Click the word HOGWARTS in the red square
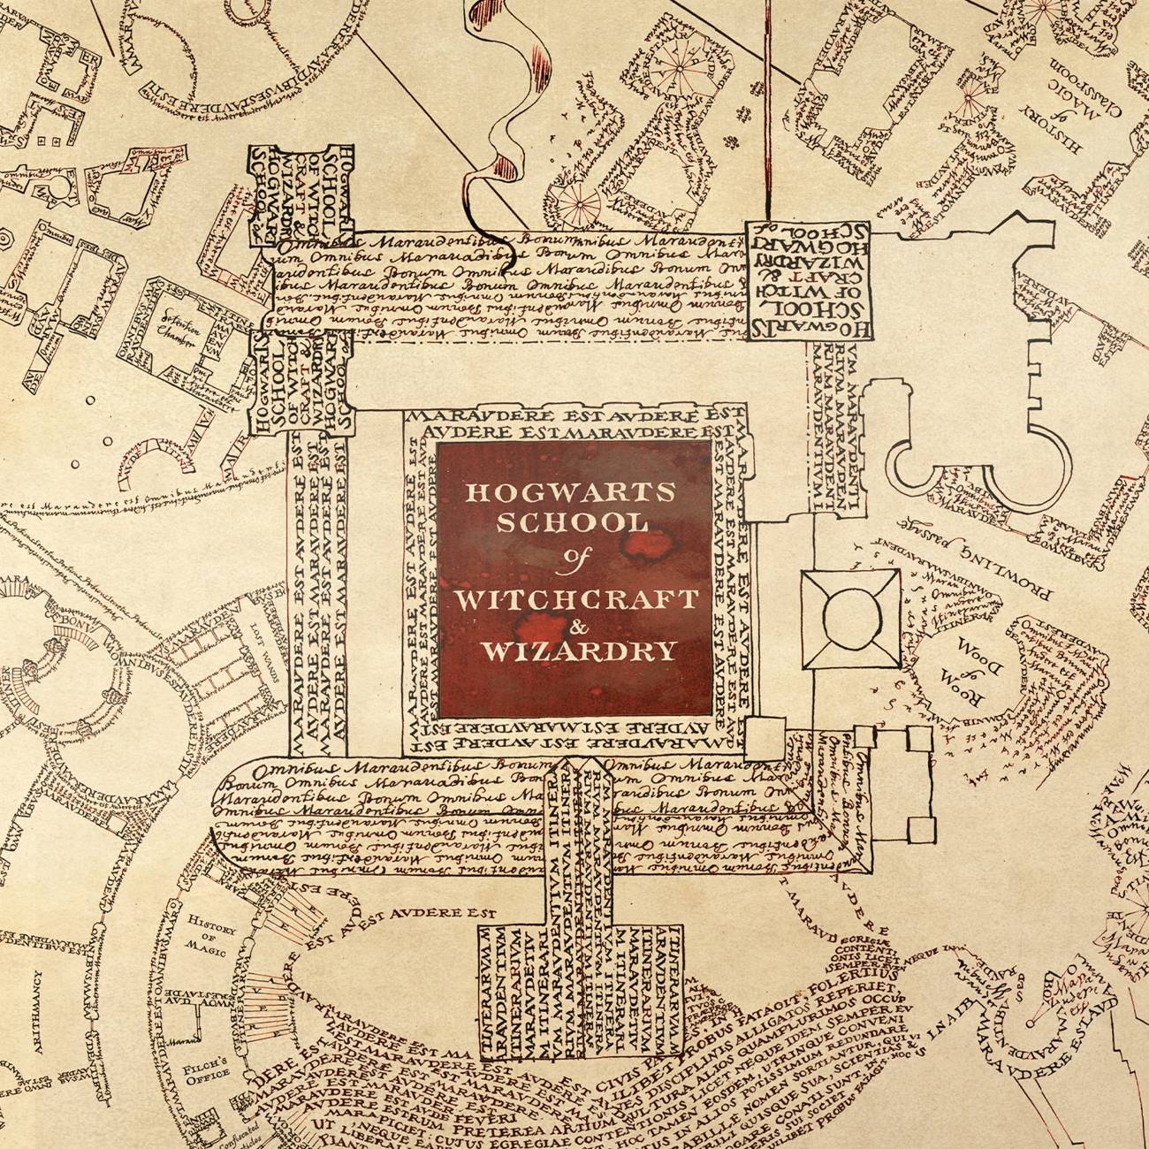tap(574, 491)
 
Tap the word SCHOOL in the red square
tap(574, 523)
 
